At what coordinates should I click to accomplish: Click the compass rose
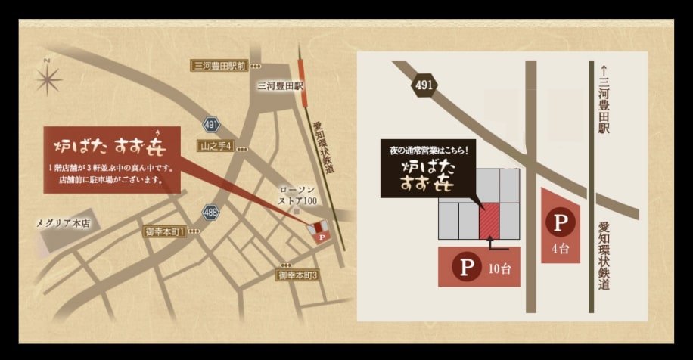coord(48,78)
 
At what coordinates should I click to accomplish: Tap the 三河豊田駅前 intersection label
coord(219,66)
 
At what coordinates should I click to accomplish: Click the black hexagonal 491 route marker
coord(424,85)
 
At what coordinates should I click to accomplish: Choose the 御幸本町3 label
coord(297,276)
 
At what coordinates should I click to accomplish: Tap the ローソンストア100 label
coord(297,196)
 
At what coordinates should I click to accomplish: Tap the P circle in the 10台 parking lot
coord(464,267)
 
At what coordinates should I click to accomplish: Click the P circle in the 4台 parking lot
coord(560,223)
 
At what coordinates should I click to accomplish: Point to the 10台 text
coord(499,268)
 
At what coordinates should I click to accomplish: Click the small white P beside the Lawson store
coord(322,237)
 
